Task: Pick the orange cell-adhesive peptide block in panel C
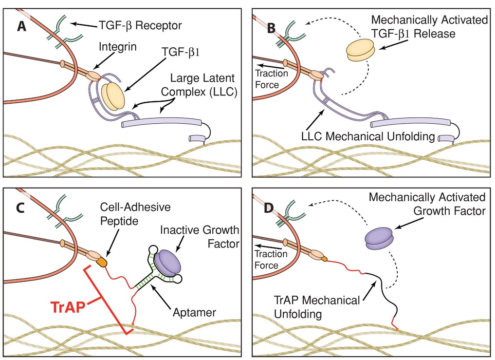click(101, 262)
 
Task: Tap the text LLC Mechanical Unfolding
click(367, 137)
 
